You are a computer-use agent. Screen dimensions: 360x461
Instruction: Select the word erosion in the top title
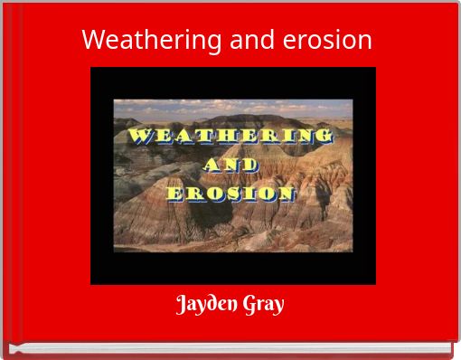click(326, 40)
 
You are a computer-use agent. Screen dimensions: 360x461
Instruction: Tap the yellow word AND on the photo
click(231, 165)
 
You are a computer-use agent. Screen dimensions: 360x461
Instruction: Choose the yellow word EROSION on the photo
click(231, 193)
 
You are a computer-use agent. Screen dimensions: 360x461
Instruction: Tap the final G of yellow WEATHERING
click(325, 137)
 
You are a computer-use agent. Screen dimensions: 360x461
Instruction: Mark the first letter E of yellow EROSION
click(174, 194)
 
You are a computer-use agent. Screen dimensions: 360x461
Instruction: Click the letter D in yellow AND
click(250, 165)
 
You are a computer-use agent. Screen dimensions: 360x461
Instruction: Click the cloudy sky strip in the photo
click(231, 109)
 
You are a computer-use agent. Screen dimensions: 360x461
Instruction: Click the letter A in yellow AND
click(212, 165)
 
